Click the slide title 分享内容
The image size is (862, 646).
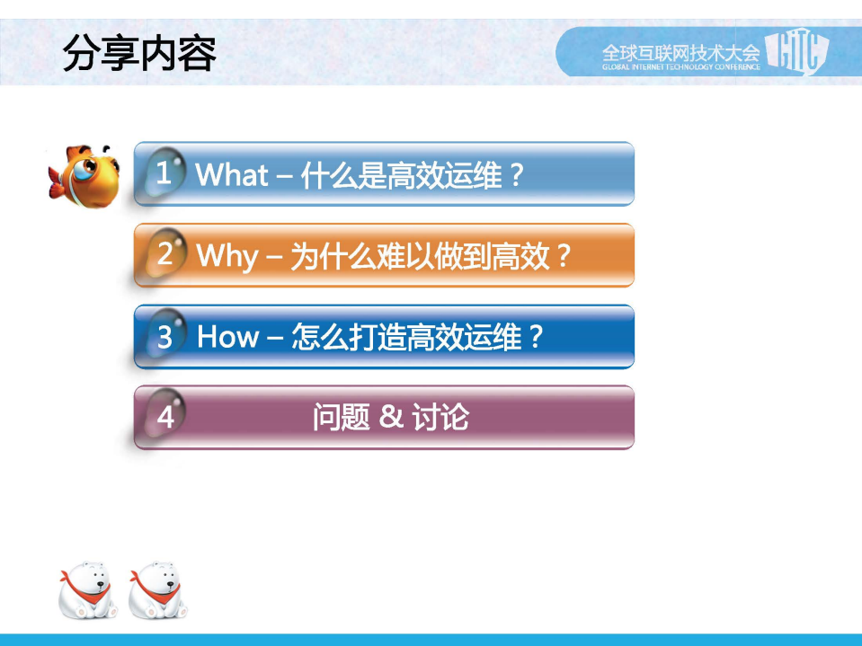pyautogui.click(x=139, y=54)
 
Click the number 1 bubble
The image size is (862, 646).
pyautogui.click(x=164, y=173)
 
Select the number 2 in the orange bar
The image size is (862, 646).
pyautogui.click(x=165, y=254)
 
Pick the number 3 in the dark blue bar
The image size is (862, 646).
pyautogui.click(x=165, y=337)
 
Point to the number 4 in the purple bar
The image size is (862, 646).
pyautogui.click(x=165, y=417)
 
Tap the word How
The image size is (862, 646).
pyautogui.click(x=227, y=337)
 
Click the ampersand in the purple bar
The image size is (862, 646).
pyautogui.click(x=390, y=417)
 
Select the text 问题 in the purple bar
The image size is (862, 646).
pyautogui.click(x=341, y=417)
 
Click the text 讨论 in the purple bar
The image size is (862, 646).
pyautogui.click(x=440, y=417)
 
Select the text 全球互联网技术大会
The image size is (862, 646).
pyautogui.click(x=680, y=49)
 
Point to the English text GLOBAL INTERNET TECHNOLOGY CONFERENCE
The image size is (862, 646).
pyautogui.click(x=680, y=66)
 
